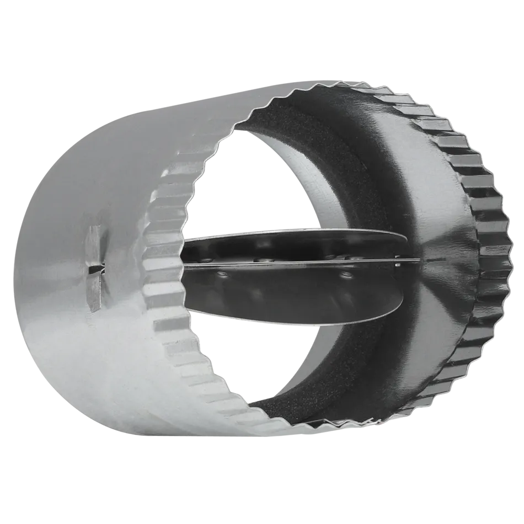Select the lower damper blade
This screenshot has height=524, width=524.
[292, 292]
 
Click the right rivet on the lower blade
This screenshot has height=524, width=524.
[346, 274]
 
